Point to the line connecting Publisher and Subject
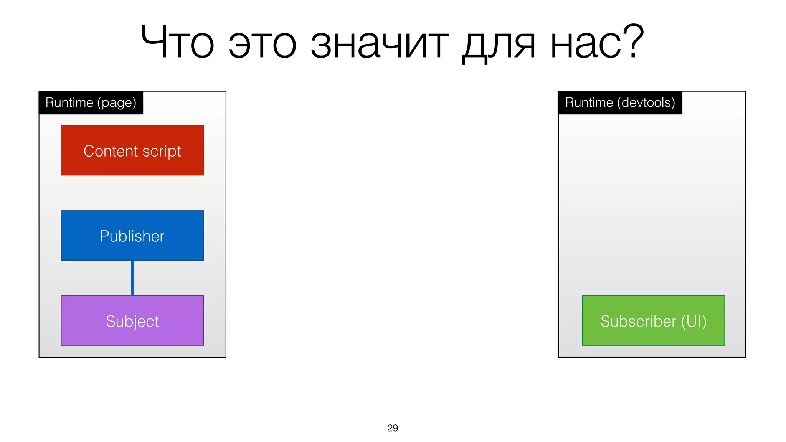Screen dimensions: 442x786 pos(132,278)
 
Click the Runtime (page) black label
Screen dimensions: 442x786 pos(91,103)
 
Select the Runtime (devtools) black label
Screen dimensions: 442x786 pos(620,103)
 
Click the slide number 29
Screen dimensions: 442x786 pos(392,428)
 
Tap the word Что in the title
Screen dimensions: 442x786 pos(177,42)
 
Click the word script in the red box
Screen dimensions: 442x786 pos(162,151)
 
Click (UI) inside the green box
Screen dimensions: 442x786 pos(694,321)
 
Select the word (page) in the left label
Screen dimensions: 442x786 pos(117,103)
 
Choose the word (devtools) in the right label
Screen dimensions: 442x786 pos(646,103)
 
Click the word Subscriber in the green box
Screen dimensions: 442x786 pos(638,321)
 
